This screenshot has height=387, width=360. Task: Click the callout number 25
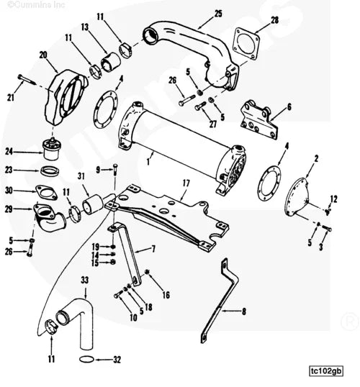218,13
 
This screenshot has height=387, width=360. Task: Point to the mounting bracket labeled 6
260,122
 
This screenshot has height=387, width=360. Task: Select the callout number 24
9,152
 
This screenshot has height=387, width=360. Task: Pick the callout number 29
9,209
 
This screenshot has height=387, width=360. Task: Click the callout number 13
84,27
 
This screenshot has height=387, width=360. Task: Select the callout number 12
333,198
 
